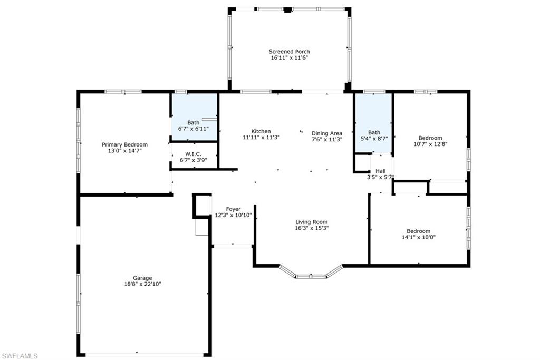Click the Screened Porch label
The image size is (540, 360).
click(290, 52)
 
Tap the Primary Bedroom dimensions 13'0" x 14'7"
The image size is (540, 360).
click(124, 151)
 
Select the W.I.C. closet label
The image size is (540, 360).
click(193, 154)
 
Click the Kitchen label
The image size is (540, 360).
click(261, 131)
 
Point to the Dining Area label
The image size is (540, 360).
click(327, 133)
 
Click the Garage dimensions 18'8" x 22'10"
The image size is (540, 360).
click(142, 284)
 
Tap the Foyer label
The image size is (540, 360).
click(233, 209)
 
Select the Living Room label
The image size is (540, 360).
click(312, 222)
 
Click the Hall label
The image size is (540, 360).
click(381, 171)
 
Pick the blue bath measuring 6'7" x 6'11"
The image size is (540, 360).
click(195, 116)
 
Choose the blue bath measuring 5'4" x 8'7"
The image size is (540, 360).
click(374, 122)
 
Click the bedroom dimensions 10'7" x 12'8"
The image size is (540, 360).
click(430, 144)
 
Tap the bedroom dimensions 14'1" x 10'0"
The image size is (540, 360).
click(419, 237)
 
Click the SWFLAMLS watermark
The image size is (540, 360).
click(20, 356)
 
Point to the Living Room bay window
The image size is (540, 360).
click(311, 272)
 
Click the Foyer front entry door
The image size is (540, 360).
click(233, 246)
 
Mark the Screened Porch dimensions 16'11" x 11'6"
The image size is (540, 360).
click(290, 58)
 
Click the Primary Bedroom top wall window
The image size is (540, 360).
click(123, 92)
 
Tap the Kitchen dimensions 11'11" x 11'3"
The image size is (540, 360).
click(261, 138)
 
